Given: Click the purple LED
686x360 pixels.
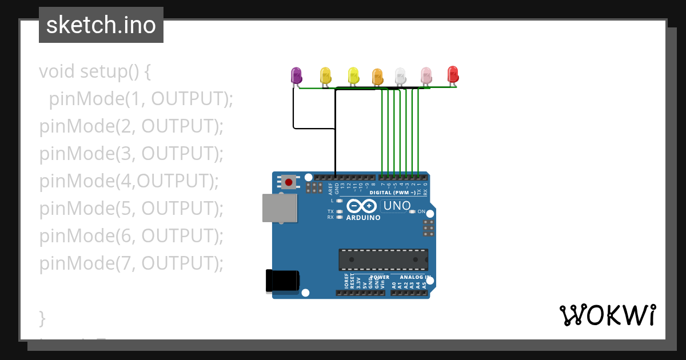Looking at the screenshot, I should click(296, 75).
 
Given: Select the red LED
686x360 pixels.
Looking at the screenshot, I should click(453, 74).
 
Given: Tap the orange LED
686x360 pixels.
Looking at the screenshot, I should click(377, 76).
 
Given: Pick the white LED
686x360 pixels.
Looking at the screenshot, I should click(400, 75).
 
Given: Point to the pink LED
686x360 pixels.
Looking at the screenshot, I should click(426, 75).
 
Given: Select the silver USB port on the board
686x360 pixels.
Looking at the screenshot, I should click(280, 207).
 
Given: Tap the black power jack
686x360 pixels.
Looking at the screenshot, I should click(282, 281).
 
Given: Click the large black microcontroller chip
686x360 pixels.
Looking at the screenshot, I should click(383, 259).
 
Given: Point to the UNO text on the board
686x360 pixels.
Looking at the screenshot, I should click(397, 206).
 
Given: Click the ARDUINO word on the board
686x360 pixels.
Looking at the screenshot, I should click(363, 218).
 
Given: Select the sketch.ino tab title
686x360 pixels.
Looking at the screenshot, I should click(101, 25).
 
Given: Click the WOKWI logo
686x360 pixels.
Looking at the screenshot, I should click(608, 315).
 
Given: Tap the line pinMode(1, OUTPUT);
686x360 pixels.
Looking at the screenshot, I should click(141, 99).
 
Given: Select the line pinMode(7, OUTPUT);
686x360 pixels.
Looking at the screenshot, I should click(131, 263).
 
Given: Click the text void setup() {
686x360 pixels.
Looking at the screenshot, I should click(95, 71).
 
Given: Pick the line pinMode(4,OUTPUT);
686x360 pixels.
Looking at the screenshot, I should click(129, 181).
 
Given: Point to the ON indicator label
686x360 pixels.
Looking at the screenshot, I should click(421, 211).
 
